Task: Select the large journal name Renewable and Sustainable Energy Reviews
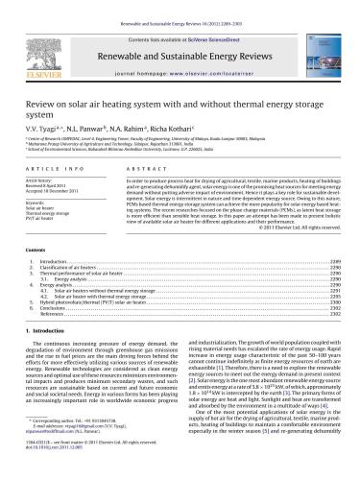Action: [180, 36]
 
